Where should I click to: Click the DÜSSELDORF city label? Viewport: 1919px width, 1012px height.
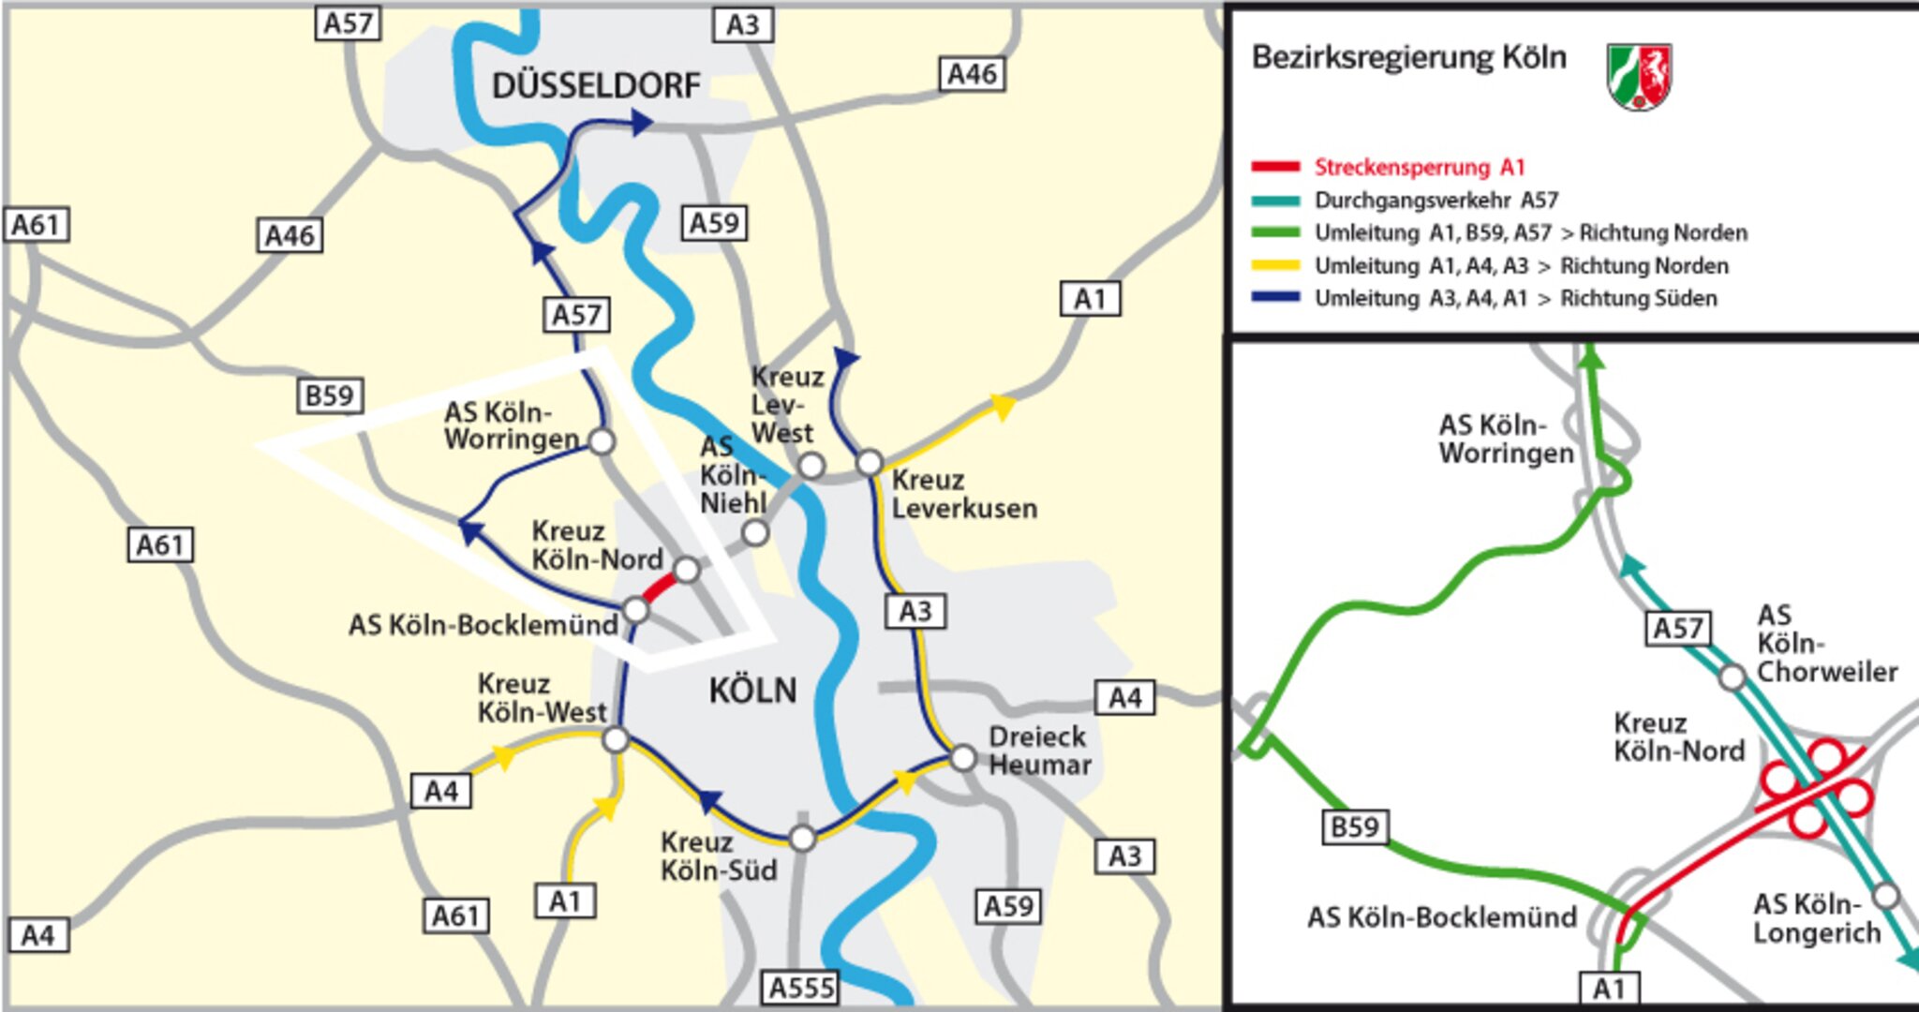[x=596, y=86]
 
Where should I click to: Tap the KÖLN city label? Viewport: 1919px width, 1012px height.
[x=752, y=692]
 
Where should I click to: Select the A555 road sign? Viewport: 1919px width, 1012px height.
[x=801, y=988]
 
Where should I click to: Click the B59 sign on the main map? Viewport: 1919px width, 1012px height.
[x=330, y=395]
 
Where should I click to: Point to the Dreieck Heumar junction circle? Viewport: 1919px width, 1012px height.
[x=963, y=757]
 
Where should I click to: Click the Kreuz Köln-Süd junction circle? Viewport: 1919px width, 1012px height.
[x=802, y=838]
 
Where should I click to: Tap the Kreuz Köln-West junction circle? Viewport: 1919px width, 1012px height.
[x=616, y=740]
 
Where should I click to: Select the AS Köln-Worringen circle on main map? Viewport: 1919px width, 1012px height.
[x=602, y=440]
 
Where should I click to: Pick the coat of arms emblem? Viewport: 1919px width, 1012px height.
[x=1639, y=76]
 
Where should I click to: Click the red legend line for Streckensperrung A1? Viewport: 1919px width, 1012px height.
[x=1275, y=168]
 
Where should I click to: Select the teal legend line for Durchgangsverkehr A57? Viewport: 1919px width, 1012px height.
[x=1275, y=201]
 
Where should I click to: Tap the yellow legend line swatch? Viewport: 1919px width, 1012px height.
[x=1275, y=266]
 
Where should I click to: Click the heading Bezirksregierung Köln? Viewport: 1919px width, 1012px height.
[x=1408, y=58]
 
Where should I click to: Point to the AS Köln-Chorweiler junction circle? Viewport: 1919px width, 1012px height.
[x=1732, y=677]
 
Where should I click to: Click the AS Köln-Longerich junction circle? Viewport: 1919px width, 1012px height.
[x=1885, y=896]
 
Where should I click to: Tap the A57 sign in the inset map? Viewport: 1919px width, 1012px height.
[x=1677, y=628]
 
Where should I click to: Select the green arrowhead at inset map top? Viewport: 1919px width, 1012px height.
[x=1591, y=355]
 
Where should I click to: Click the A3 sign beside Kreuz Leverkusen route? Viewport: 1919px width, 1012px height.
[x=915, y=612]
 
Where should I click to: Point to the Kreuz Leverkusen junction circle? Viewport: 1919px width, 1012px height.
[x=870, y=463]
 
